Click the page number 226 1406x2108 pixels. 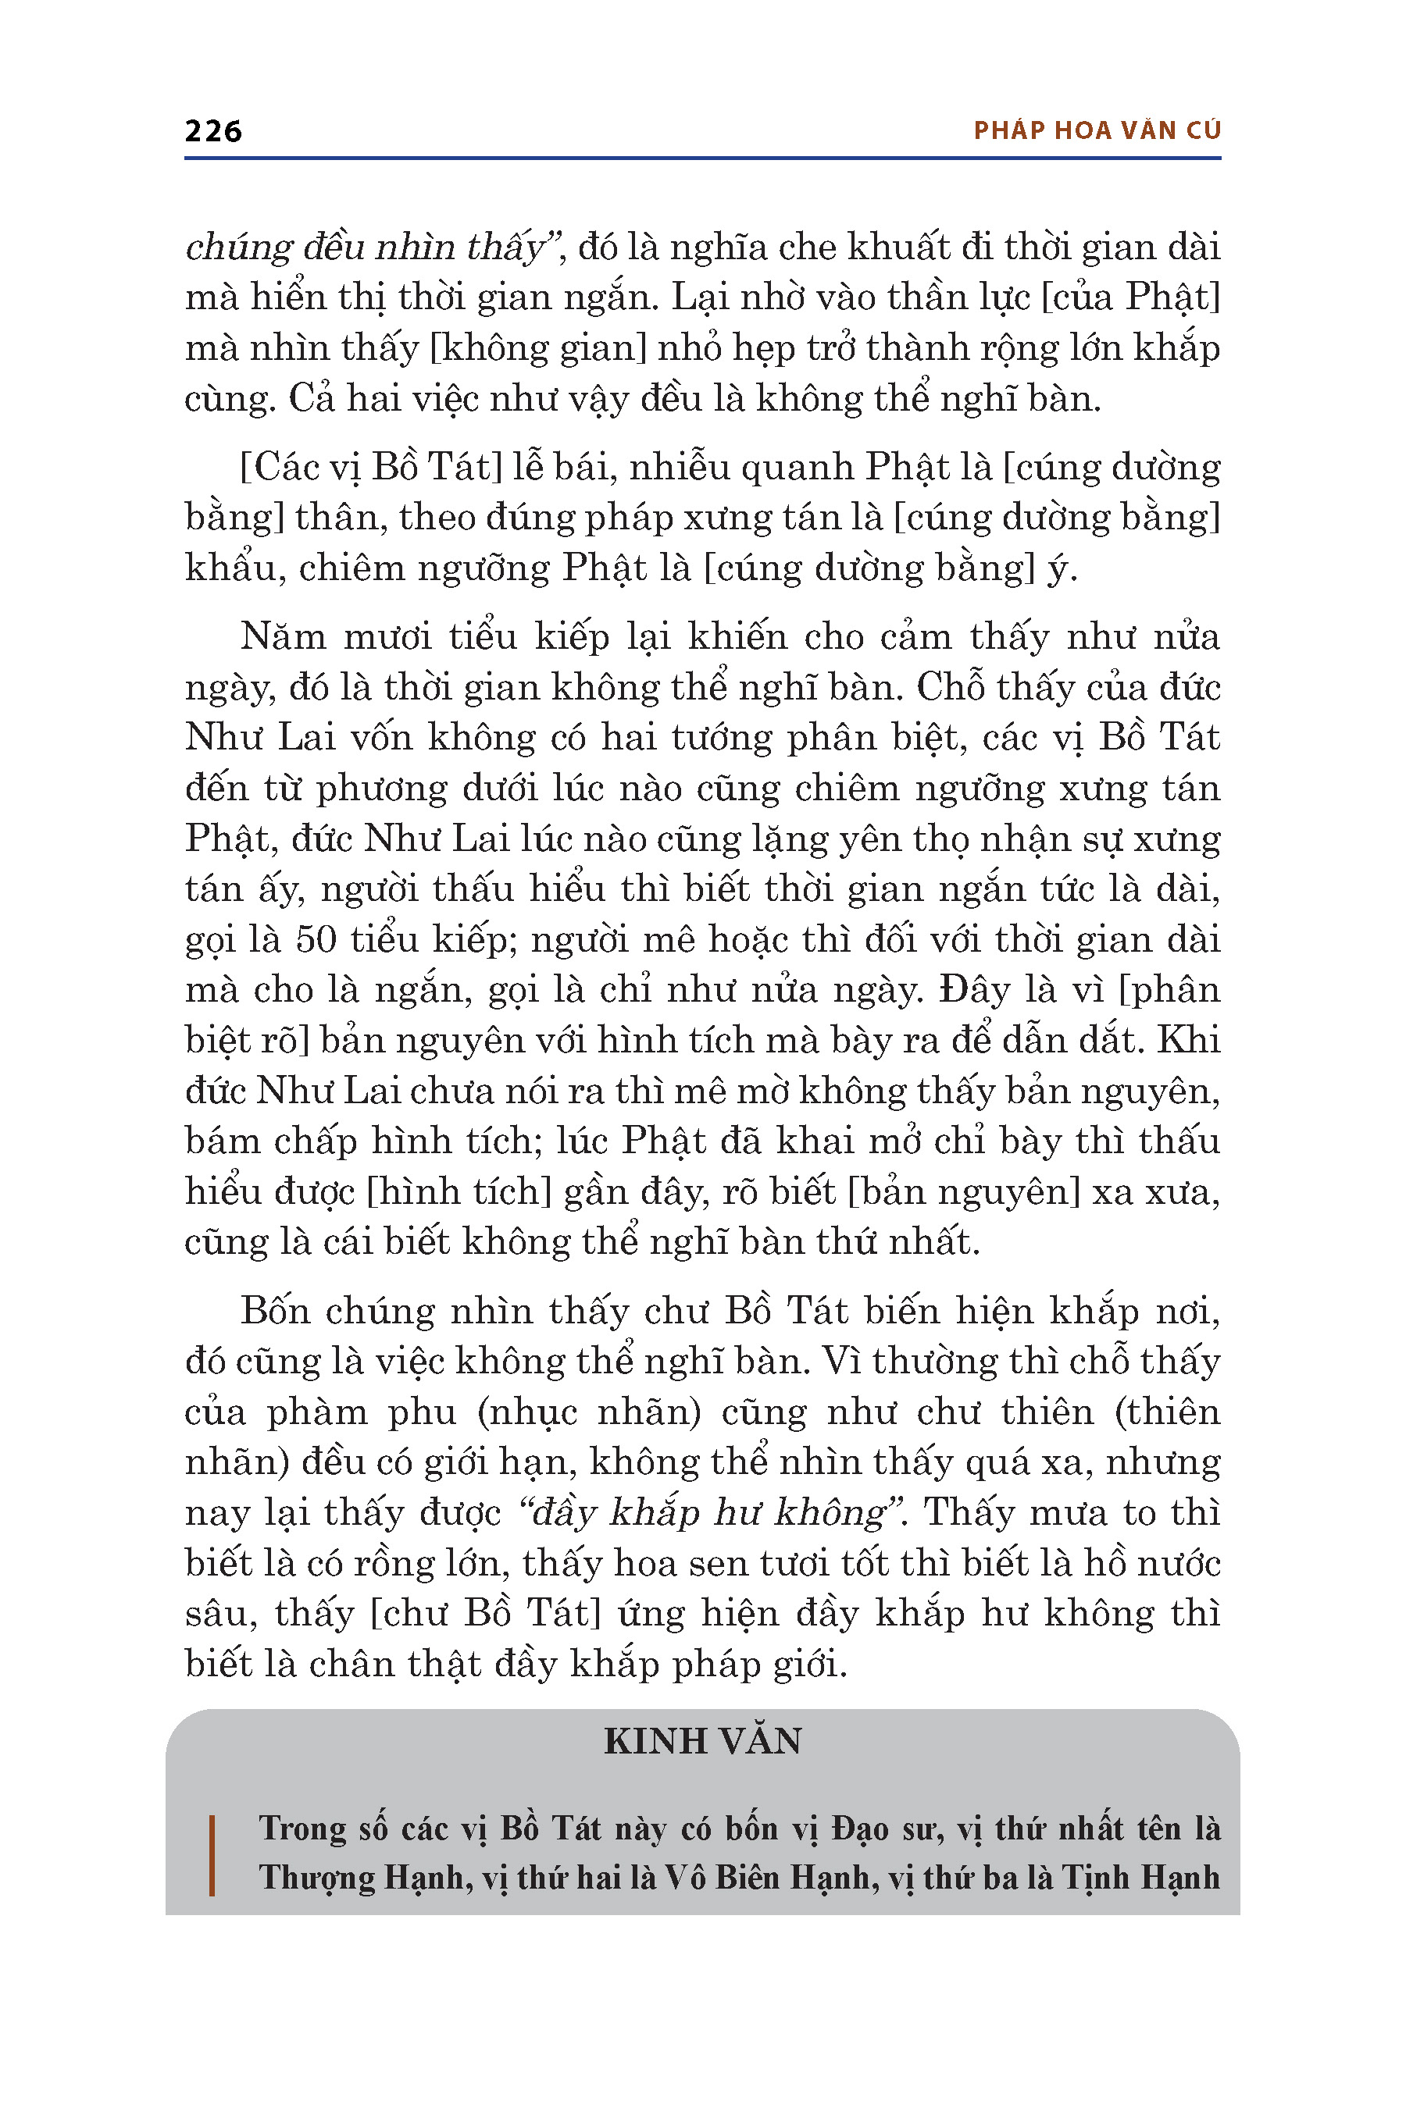[x=213, y=131]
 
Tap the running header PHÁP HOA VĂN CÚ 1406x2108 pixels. [x=1097, y=131]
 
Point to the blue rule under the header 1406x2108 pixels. [x=703, y=158]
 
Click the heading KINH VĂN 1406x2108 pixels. [x=703, y=1740]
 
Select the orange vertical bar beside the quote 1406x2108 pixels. [x=212, y=1855]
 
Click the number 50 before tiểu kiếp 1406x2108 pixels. [x=316, y=939]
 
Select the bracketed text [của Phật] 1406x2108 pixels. [x=1131, y=297]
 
